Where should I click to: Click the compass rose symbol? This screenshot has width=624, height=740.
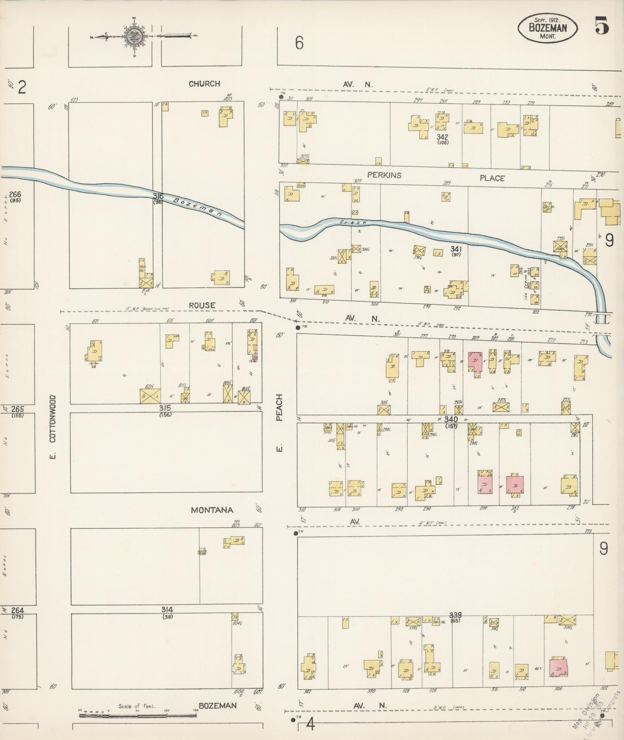[134, 37]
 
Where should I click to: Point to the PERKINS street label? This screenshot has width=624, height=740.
[384, 175]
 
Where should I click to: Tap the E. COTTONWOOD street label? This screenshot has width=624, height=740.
[53, 427]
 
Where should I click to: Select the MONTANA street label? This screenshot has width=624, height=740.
[212, 510]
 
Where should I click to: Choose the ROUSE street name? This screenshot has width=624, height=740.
[202, 306]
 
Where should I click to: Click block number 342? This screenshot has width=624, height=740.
[442, 137]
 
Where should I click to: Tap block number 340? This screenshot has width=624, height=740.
[451, 419]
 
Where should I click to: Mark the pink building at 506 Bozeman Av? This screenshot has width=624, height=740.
[558, 667]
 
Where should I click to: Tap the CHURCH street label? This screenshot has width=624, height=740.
[204, 84]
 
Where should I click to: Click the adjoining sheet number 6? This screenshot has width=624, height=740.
[299, 43]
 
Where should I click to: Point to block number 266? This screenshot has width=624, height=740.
[15, 195]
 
